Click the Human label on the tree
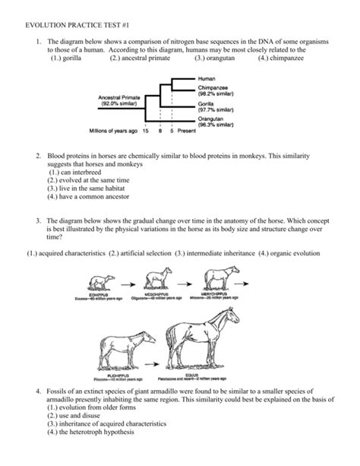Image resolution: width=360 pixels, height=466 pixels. point(206,78)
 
